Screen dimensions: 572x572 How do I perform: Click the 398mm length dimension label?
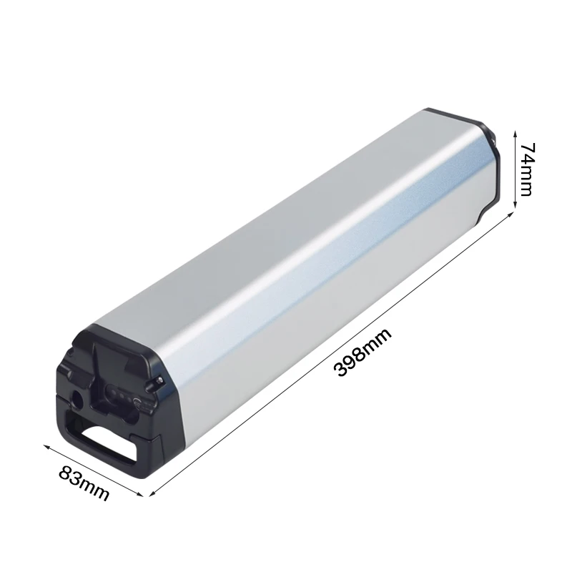pyautogui.click(x=365, y=353)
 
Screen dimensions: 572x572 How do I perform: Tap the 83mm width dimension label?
pyautogui.click(x=84, y=483)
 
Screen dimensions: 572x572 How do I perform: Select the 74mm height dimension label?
pyautogui.click(x=528, y=169)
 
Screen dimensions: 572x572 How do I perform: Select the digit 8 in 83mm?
pyautogui.click(x=68, y=475)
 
